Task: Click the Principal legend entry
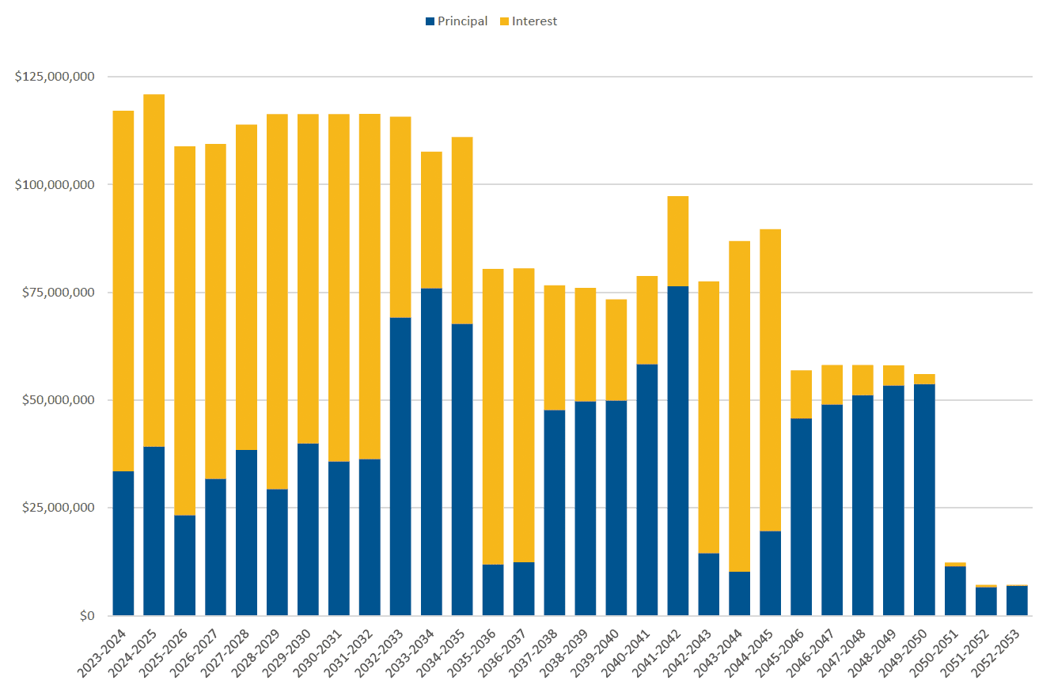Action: click(x=457, y=21)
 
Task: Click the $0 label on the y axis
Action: click(x=85, y=615)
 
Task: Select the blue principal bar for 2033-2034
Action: click(x=431, y=452)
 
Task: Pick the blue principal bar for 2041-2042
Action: click(x=677, y=451)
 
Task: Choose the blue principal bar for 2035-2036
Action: click(x=493, y=590)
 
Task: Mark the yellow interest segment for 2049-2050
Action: click(x=924, y=379)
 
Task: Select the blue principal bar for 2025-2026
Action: click(x=184, y=565)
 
